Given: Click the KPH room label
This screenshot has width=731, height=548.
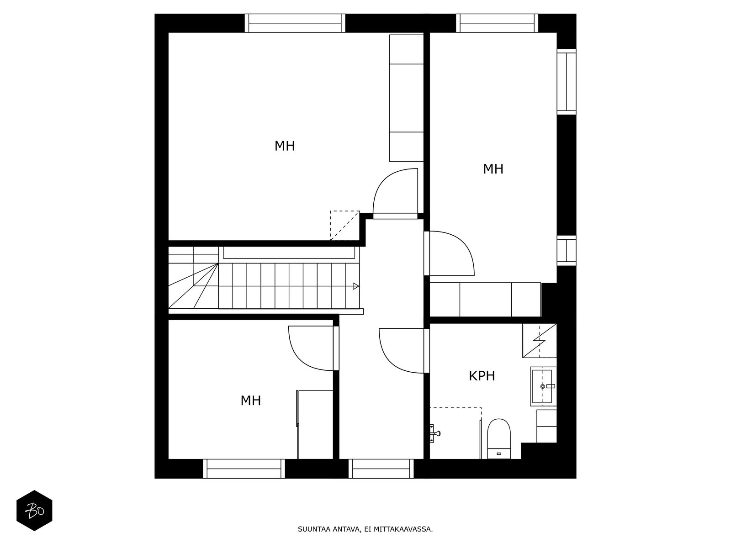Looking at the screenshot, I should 482,376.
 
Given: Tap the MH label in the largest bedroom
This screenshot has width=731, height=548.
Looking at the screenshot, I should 284,146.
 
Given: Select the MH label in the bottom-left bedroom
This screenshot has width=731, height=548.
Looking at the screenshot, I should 250,400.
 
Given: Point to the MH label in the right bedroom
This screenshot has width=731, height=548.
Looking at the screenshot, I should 493,169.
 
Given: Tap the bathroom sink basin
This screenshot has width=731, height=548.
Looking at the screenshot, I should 543,386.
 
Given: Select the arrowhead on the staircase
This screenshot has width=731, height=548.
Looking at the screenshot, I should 355,286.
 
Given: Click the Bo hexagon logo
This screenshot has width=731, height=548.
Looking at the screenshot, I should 34,511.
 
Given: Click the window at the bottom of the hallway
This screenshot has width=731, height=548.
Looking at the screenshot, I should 381,469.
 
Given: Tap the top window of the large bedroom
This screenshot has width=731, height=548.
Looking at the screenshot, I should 295,23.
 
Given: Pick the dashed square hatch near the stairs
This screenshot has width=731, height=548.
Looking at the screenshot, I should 344,225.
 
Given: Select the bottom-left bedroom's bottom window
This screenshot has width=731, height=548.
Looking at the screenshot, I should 244,469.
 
